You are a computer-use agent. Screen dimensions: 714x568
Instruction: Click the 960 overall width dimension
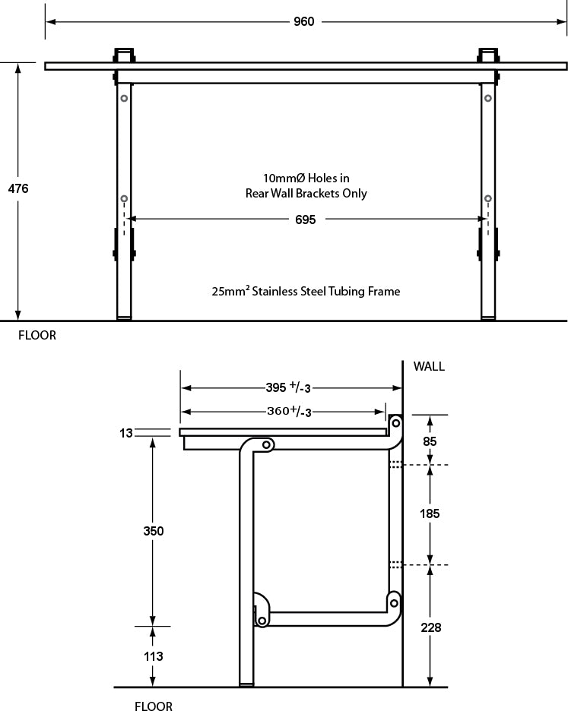coord(303,22)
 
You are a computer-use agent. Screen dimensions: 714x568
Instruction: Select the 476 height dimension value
coord(18,188)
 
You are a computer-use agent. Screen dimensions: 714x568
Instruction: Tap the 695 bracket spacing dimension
coord(304,219)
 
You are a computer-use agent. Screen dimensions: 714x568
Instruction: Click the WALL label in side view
coord(429,366)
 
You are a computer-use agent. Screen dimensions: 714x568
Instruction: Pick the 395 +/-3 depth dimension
coord(286,388)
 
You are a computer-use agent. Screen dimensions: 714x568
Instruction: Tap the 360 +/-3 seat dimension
coord(286,412)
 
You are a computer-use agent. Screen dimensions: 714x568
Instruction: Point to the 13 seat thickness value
coord(126,433)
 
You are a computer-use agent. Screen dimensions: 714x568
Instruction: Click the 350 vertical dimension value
coord(154,531)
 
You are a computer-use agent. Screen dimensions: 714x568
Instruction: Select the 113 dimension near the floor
coord(154,656)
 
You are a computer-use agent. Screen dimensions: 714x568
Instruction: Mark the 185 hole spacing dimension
coord(430,514)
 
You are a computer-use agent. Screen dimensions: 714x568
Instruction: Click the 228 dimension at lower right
coord(430,627)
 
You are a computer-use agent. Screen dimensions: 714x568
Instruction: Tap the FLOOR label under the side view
coord(154,706)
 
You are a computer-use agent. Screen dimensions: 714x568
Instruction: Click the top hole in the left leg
coord(123,98)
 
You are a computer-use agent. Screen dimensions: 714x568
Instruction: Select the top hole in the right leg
coord(487,98)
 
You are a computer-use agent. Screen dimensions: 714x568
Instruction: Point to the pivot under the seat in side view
coord(267,444)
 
